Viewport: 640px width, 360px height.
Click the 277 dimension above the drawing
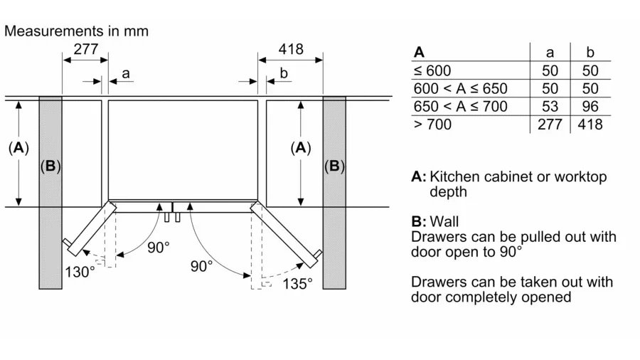(x=85, y=49)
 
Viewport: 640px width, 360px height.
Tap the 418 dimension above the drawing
(x=290, y=49)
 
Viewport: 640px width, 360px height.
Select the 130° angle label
(x=80, y=272)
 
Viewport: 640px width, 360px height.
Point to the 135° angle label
(x=297, y=284)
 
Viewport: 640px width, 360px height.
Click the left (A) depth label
(x=18, y=148)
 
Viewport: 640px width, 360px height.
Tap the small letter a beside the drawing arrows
(x=126, y=73)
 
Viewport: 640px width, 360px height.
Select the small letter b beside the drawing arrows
(x=284, y=73)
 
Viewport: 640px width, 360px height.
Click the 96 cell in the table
(x=590, y=106)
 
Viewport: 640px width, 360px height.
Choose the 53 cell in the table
(x=550, y=106)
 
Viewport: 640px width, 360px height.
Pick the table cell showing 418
(x=590, y=125)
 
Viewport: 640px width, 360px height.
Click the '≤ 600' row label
(x=432, y=70)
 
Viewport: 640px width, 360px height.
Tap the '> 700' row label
(x=432, y=125)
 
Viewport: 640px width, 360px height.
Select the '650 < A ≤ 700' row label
(x=460, y=106)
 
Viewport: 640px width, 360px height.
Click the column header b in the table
(x=590, y=52)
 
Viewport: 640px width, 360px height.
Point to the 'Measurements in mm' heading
(x=76, y=31)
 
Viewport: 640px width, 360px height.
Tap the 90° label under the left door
(x=158, y=248)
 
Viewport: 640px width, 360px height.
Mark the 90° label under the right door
(x=201, y=266)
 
